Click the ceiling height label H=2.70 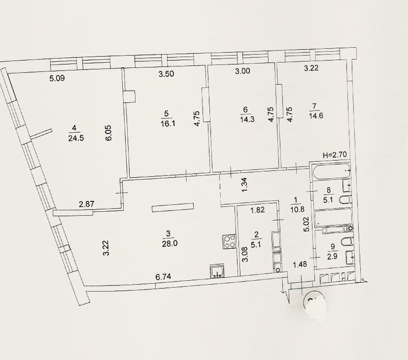(335, 155)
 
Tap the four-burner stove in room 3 (229, 242)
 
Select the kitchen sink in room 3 (217, 272)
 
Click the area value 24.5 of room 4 (76, 138)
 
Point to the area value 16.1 (168, 123)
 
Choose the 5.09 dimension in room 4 (57, 78)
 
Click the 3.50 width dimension (166, 74)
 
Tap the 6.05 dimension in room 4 (108, 133)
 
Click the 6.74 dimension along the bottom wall (163, 277)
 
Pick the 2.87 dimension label (87, 204)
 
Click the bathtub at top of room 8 (330, 171)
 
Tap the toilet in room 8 (346, 200)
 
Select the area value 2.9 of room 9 (333, 256)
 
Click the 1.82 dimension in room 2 (258, 210)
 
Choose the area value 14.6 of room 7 (316, 115)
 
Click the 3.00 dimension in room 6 (243, 71)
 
